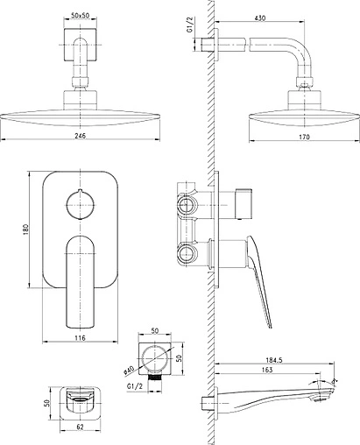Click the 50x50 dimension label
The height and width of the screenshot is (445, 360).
click(x=80, y=16)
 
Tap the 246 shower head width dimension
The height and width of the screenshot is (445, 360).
click(x=80, y=136)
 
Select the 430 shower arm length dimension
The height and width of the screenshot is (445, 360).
click(x=260, y=18)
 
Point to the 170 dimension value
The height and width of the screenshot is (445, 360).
click(x=304, y=137)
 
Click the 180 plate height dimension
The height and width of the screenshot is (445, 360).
click(x=26, y=230)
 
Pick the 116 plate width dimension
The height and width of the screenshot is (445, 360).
click(x=80, y=338)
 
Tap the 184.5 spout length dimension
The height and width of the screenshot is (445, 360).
click(x=274, y=360)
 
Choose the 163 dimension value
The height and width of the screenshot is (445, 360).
click(x=267, y=370)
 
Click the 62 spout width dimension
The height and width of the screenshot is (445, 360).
click(x=80, y=427)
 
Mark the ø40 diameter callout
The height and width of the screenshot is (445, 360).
click(x=129, y=370)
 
